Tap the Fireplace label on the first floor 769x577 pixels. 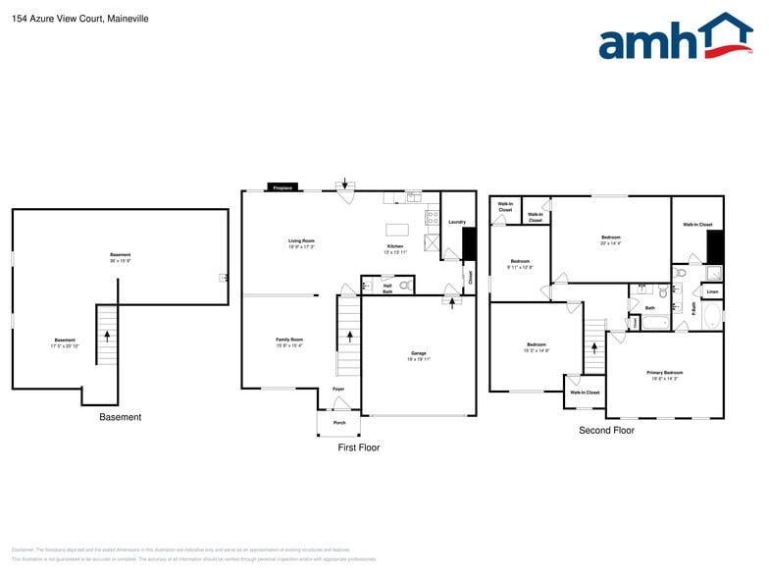tap(282, 186)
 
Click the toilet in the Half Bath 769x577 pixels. tap(405, 287)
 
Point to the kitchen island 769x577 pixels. tap(397, 229)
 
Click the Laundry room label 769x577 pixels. tap(456, 222)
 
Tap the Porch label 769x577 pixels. tap(339, 423)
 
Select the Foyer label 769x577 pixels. tap(338, 389)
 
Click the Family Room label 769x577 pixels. tap(289, 341)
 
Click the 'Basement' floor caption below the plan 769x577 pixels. tap(120, 417)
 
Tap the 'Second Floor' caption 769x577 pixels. tap(606, 430)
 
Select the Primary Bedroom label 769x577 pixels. tap(665, 374)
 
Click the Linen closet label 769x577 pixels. tap(712, 291)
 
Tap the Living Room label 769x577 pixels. tap(300, 241)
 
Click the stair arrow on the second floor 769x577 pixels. tap(593, 346)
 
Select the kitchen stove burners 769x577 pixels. tap(432, 216)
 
